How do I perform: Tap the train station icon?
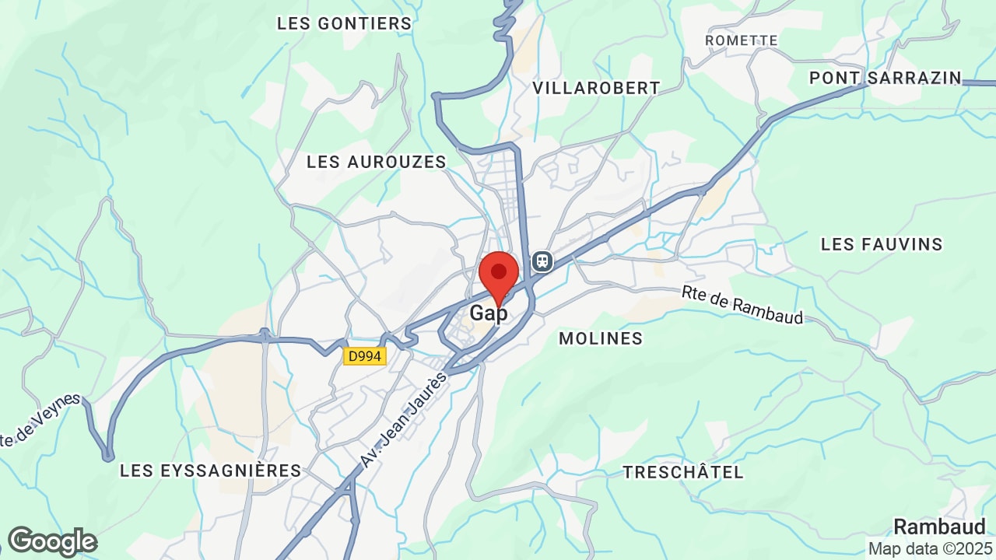point(542,261)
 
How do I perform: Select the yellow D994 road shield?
point(365,356)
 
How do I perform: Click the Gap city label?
point(489,313)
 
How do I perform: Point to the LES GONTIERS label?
point(344,23)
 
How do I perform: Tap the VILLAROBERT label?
point(596,88)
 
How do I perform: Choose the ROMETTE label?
point(741,40)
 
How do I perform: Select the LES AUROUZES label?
point(377,162)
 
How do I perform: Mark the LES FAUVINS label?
point(882,244)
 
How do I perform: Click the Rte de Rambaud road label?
point(742,305)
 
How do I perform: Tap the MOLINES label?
point(601,338)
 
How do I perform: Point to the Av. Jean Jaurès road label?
point(404,420)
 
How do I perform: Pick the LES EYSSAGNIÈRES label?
point(210,471)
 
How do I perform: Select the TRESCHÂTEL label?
point(683,472)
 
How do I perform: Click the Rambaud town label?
point(939,527)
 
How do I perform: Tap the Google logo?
point(52,541)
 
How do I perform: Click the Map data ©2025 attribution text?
point(930,548)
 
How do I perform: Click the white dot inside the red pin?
point(499,271)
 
